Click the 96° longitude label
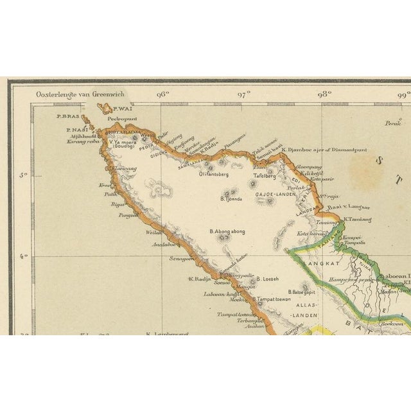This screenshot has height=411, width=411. tap(162, 94)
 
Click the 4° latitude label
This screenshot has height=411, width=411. tap(24, 257)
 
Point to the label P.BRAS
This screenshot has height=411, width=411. tap(67, 116)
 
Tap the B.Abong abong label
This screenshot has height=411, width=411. tap(226, 231)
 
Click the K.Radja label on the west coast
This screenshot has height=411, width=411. tap(200, 279)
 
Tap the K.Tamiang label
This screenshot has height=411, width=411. tap(358, 219)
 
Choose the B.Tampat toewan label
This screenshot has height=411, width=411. tap(272, 299)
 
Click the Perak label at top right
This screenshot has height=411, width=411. tap(391, 122)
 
